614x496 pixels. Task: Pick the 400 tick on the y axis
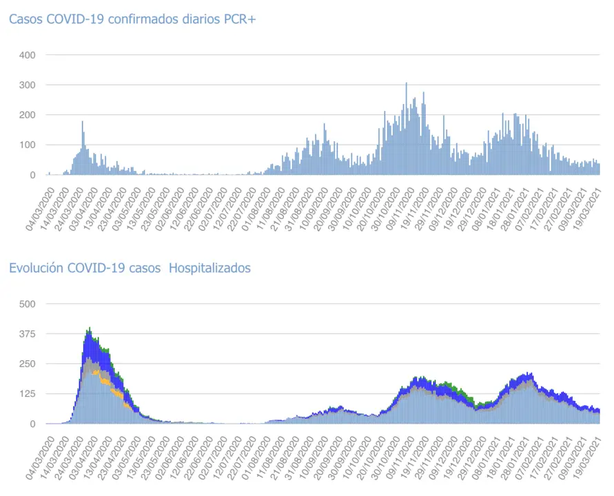pyautogui.click(x=28, y=54)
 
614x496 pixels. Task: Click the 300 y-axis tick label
pyautogui.click(x=28, y=85)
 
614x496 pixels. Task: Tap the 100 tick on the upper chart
pyautogui.click(x=28, y=145)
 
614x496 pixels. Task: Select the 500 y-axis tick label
pyautogui.click(x=28, y=304)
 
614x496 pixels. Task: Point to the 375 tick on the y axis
pyautogui.click(x=28, y=334)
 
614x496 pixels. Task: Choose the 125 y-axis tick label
pyautogui.click(x=28, y=394)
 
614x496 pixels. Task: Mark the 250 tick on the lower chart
pyautogui.click(x=28, y=364)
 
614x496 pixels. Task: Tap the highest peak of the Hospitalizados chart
pyautogui.click(x=90, y=329)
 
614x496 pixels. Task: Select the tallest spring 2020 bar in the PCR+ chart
pyautogui.click(x=82, y=123)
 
